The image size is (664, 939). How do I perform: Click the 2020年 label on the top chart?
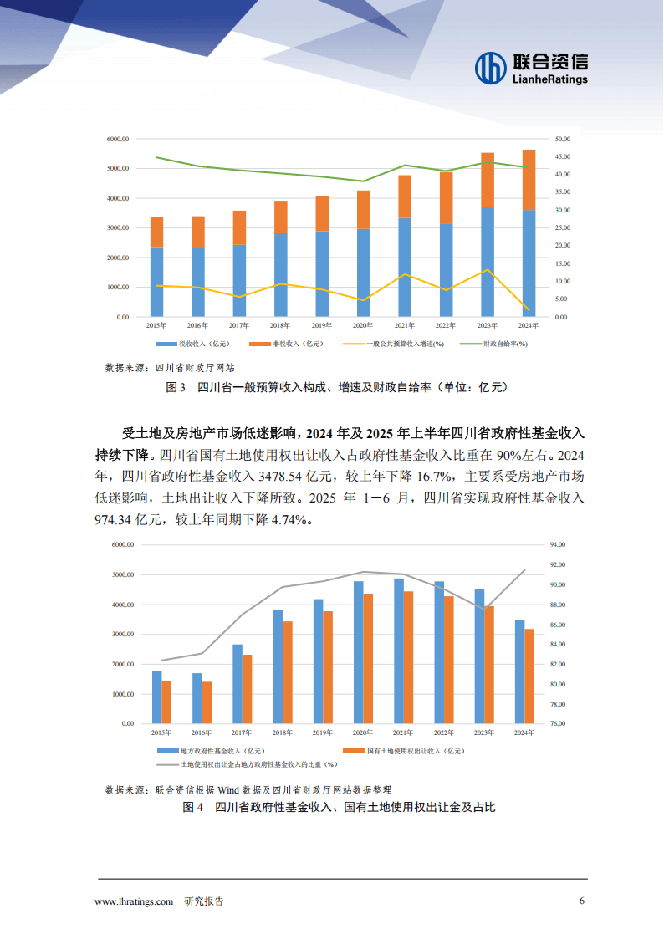click(362, 325)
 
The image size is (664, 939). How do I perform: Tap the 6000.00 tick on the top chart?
click(117, 139)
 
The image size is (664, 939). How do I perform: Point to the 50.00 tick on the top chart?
click(562, 139)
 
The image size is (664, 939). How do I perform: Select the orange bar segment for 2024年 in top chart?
click(529, 180)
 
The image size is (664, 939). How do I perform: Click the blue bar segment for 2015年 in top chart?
click(156, 282)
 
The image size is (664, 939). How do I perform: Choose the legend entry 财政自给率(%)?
click(506, 344)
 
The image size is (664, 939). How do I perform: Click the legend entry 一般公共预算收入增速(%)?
click(405, 344)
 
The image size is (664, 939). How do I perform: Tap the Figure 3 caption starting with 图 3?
click(337, 387)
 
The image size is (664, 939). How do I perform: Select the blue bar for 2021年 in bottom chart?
click(399, 651)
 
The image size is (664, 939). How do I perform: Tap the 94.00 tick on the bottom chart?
click(558, 544)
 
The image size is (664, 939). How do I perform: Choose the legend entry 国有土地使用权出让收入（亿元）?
click(415, 751)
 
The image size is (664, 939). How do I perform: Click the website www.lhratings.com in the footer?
click(134, 901)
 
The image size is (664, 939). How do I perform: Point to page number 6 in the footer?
click(582, 901)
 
